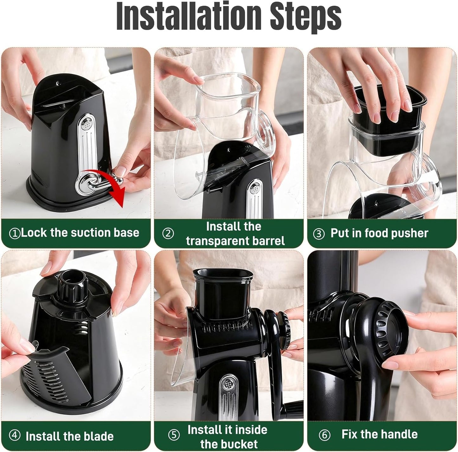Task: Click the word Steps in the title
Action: (x=306, y=16)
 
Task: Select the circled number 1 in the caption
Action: (x=15, y=233)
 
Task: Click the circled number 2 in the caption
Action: (x=168, y=234)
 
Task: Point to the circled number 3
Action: (x=319, y=234)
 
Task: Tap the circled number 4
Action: (x=15, y=435)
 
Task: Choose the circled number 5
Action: (x=174, y=435)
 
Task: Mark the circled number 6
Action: (x=324, y=435)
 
